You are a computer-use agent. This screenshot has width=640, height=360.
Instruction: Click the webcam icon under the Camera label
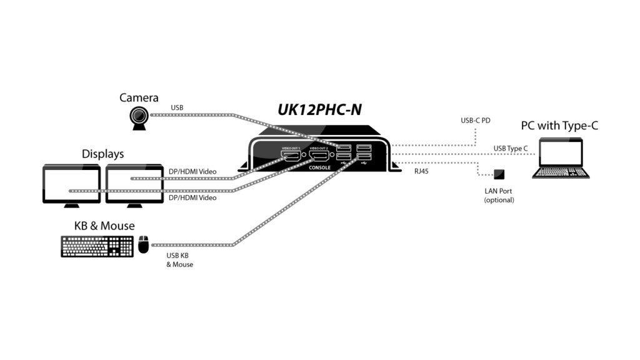[x=140, y=117]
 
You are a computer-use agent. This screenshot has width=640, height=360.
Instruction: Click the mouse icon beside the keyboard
[x=144, y=244]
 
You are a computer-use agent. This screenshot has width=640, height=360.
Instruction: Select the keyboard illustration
[x=97, y=246]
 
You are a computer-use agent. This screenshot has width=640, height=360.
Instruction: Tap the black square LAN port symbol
[x=499, y=174]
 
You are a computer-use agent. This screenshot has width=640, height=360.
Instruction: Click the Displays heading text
[x=102, y=154]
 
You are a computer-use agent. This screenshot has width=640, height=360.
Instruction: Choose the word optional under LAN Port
[x=499, y=200]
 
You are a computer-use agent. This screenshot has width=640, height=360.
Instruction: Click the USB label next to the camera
[x=177, y=108]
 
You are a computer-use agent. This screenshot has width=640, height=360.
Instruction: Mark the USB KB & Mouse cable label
[x=179, y=260]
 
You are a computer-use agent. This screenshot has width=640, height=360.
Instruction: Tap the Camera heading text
[x=139, y=97]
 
